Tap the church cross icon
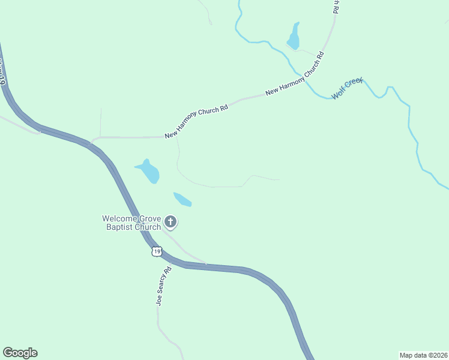pos(170,223)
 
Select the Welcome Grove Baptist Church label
pos(131,223)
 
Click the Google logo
pos(20,353)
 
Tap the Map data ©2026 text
pos(423,355)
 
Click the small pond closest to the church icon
pos(182,199)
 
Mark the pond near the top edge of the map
pos(294,37)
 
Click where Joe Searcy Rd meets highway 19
pos(171,262)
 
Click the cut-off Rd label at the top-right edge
pos(336,7)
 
